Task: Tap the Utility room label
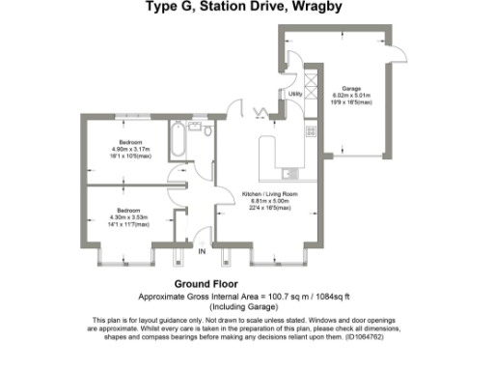(294, 94)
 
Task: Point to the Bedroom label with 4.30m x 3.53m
(129, 210)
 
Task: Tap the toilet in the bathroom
(205, 132)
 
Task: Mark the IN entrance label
(202, 252)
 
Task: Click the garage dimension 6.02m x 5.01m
(351, 95)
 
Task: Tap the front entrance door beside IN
(201, 235)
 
